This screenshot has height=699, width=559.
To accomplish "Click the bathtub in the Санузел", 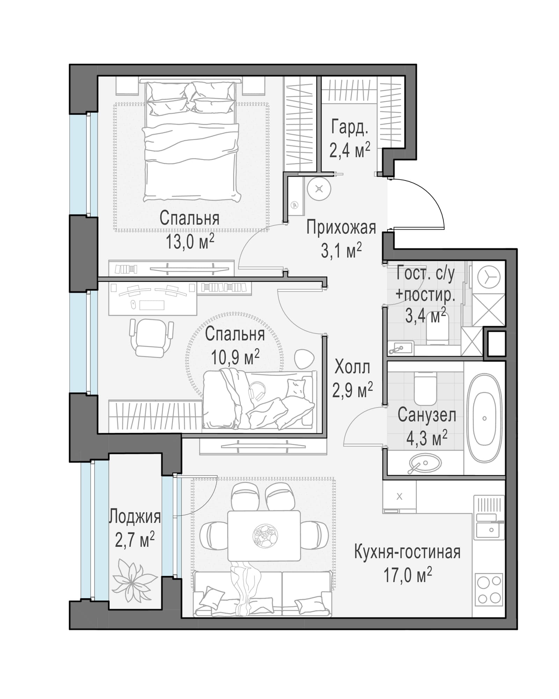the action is pyautogui.click(x=484, y=418).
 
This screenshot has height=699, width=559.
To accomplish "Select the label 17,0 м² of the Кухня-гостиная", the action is pyautogui.click(x=407, y=575).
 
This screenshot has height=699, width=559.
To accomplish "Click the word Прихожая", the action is pyautogui.click(x=341, y=228).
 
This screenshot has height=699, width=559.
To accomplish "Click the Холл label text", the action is pyautogui.click(x=352, y=367).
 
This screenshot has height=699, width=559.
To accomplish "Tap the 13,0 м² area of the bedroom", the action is pyautogui.click(x=190, y=242).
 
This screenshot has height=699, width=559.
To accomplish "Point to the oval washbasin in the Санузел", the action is pyautogui.click(x=423, y=464).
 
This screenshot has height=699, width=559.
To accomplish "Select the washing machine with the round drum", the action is pyautogui.click(x=488, y=277).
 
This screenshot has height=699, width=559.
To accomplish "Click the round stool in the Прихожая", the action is pyautogui.click(x=319, y=189).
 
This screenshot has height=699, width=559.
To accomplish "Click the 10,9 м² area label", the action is pyautogui.click(x=235, y=357).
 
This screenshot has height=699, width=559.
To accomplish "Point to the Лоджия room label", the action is pyautogui.click(x=135, y=517).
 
